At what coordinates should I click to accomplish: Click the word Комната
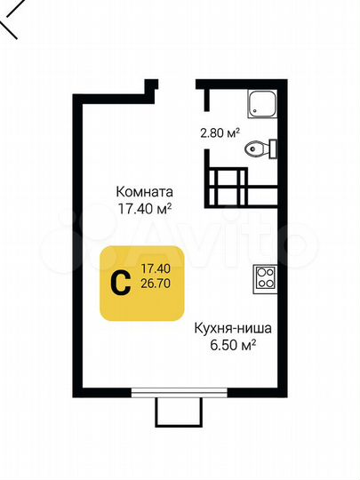(143, 191)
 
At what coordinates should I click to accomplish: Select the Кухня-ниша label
(233, 327)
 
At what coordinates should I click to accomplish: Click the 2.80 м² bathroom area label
(218, 135)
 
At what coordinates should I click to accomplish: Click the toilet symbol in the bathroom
(263, 148)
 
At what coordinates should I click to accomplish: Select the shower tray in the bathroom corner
(263, 106)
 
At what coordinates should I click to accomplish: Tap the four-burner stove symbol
(265, 279)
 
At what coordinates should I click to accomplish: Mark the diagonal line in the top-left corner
(9, 22)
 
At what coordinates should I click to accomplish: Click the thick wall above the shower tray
(240, 84)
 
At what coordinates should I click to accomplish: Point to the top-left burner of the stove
(260, 274)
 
